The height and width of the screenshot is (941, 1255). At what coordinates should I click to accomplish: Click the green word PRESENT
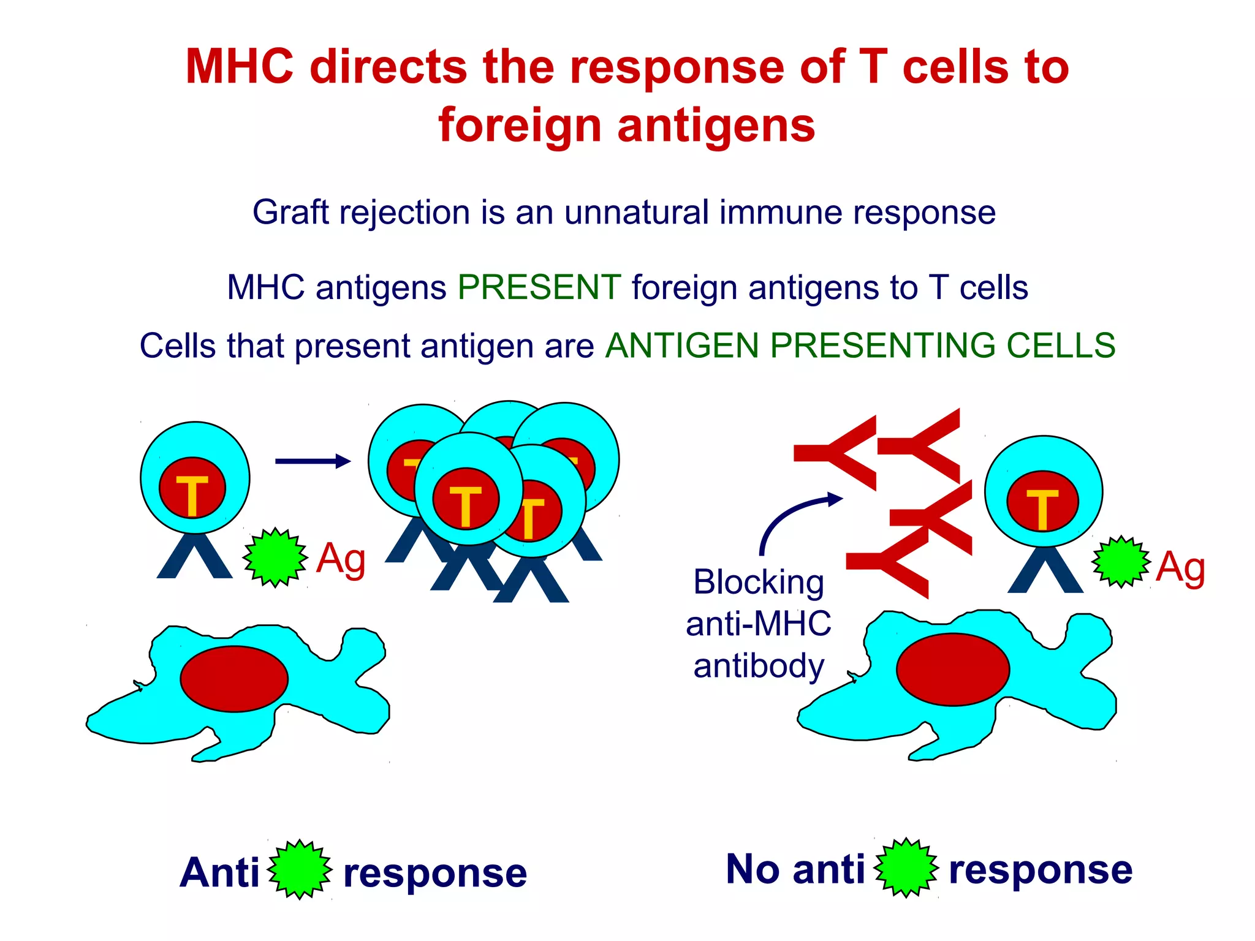(x=539, y=287)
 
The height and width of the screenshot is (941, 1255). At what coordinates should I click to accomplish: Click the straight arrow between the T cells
(x=313, y=461)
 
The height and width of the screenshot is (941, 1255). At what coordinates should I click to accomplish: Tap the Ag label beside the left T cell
(x=341, y=559)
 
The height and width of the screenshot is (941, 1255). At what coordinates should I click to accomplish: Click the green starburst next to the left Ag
(x=275, y=557)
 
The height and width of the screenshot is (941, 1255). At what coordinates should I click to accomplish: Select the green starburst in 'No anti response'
(x=906, y=867)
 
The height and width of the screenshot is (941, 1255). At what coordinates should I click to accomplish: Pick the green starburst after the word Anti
(x=300, y=870)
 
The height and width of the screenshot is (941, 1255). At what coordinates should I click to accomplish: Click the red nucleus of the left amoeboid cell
(x=234, y=678)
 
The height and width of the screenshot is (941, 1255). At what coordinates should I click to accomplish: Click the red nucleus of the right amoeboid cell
(x=952, y=669)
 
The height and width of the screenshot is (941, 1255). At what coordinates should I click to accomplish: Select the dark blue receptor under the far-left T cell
(x=195, y=557)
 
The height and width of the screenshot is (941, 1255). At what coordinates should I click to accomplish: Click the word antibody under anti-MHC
(x=759, y=666)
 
